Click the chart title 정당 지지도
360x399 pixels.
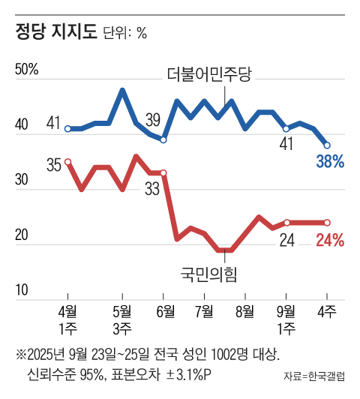click(x=55, y=32)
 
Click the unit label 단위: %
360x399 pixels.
click(x=124, y=34)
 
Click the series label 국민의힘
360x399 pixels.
click(x=208, y=273)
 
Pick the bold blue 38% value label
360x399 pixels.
click(x=329, y=161)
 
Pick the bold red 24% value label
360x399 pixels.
click(x=329, y=241)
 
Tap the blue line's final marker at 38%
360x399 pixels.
click(x=327, y=145)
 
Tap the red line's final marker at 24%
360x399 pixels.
click(x=327, y=222)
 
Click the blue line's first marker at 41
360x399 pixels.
click(x=67, y=129)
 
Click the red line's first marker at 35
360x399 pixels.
click(x=67, y=161)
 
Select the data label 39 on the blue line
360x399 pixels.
click(x=153, y=119)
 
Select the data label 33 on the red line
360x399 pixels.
click(x=153, y=189)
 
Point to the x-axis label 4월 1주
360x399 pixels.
click(x=67, y=319)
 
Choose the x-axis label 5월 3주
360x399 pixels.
click(x=122, y=319)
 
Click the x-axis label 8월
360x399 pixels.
click(x=245, y=310)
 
